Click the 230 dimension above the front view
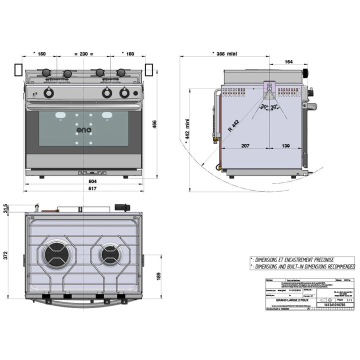83,53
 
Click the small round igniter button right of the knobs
135,93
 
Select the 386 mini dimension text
224,53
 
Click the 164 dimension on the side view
288,62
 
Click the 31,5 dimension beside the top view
6,207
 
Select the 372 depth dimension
6,255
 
